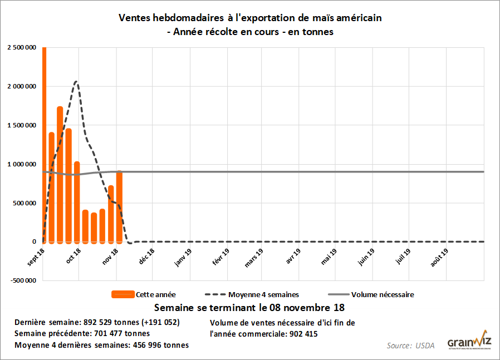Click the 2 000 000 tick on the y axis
22,86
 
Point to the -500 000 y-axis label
22,280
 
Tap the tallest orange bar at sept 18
44,145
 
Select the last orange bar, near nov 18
119,206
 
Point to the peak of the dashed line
76,82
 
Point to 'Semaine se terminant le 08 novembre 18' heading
249,307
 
